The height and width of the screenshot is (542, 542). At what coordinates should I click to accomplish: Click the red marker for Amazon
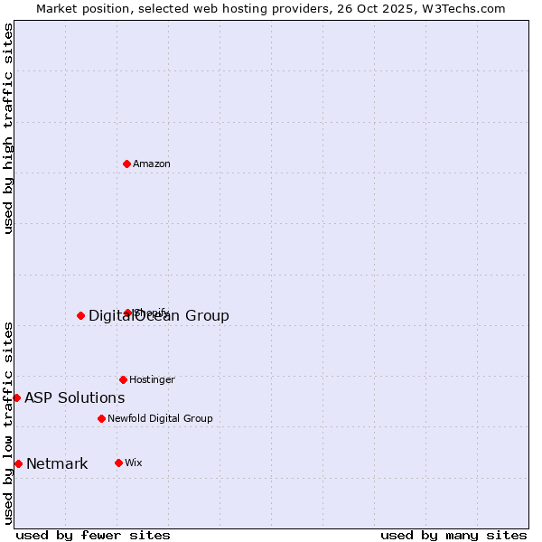[x=126, y=164]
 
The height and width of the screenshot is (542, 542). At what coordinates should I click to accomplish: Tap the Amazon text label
[x=152, y=164]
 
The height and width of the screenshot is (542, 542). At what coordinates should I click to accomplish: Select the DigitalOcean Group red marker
[x=80, y=315]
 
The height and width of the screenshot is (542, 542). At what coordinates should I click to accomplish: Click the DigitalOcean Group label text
[x=159, y=315]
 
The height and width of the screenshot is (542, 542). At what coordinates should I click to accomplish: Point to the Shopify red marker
[x=128, y=313]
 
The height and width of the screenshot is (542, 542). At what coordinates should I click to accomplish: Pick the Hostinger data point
[x=123, y=379]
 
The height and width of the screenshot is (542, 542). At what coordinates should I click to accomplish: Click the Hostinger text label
[x=152, y=380]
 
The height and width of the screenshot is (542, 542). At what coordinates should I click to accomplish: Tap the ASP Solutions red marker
[x=16, y=397]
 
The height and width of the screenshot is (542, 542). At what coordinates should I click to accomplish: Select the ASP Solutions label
[x=75, y=398]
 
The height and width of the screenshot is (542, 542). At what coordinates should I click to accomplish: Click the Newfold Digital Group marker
[x=101, y=418]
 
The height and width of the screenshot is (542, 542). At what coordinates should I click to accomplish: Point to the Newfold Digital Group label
[x=160, y=419]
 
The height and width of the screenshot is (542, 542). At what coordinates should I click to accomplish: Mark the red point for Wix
[x=118, y=463]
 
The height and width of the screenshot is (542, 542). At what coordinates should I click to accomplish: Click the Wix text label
[x=134, y=463]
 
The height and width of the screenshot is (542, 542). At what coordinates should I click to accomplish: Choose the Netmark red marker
[x=18, y=463]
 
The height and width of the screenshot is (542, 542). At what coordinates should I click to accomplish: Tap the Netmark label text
[x=57, y=464]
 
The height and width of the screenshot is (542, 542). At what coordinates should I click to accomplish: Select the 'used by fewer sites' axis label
[x=93, y=536]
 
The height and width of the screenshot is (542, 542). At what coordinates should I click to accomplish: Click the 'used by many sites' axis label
[x=453, y=536]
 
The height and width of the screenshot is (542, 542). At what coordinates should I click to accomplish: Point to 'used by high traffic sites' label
[x=9, y=128]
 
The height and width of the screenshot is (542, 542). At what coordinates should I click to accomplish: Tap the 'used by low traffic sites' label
[x=9, y=423]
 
